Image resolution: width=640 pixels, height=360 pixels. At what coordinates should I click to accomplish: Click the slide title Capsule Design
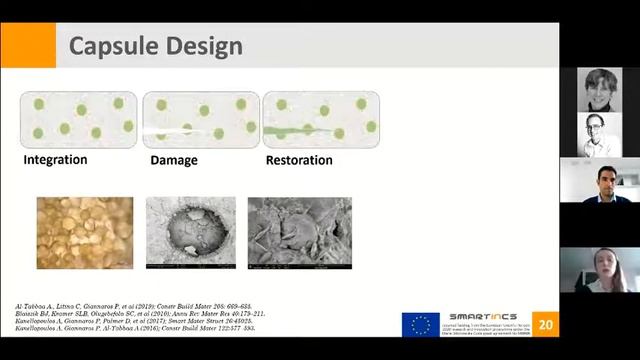(155, 46)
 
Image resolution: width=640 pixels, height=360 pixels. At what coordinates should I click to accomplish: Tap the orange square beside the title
(28, 46)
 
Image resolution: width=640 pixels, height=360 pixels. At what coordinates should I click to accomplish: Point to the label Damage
(174, 159)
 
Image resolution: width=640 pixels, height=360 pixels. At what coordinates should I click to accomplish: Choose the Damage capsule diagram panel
(200, 119)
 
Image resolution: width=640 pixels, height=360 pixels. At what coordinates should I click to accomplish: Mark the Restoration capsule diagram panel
(321, 119)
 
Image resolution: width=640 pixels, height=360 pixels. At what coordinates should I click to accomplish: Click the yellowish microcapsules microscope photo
(85, 233)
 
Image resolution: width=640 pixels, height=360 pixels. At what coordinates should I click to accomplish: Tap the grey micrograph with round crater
(191, 233)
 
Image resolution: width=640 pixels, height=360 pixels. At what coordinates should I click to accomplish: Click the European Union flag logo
(420, 324)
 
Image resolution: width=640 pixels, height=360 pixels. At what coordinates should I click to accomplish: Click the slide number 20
(544, 324)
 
